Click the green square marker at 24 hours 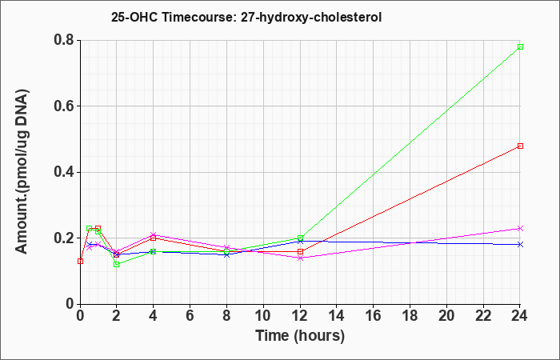tap(520, 46)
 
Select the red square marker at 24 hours tap(520, 146)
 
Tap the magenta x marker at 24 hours tap(520, 228)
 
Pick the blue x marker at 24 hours tap(520, 244)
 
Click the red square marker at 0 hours tap(80, 261)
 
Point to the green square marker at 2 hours tap(117, 264)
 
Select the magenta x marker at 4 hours tap(154, 234)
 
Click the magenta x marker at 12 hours tap(300, 258)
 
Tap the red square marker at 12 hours tap(300, 251)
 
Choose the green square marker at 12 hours tap(300, 238)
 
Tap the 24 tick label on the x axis tap(520, 316)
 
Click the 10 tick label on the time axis tap(263, 316)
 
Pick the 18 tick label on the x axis tap(410, 316)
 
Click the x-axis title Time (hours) tap(300, 336)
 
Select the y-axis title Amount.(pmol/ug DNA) tap(22, 172)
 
